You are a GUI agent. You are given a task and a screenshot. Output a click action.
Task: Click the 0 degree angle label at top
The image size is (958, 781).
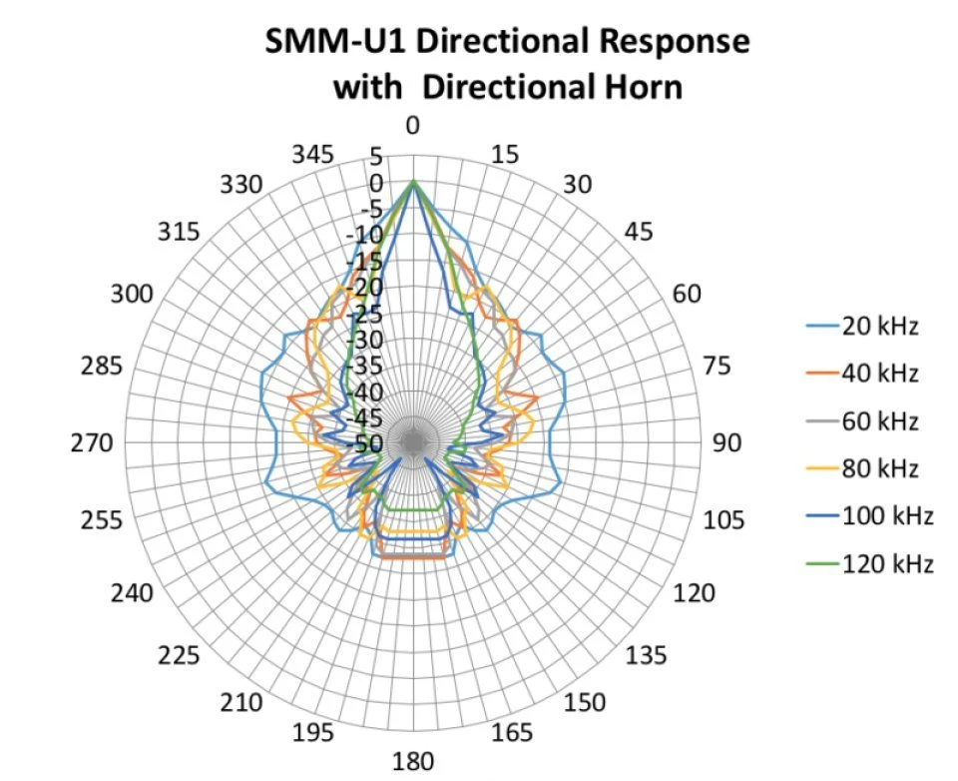(x=412, y=126)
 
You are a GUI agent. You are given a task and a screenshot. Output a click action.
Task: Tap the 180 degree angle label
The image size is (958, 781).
(x=412, y=762)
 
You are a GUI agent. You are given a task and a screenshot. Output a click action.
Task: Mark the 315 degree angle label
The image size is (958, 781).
(x=179, y=232)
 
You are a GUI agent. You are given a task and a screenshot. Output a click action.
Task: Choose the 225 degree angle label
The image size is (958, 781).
(x=179, y=656)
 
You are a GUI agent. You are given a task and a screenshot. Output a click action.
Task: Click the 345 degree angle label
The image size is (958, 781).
(x=313, y=156)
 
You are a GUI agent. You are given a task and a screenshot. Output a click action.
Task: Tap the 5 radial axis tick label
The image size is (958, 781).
(x=375, y=157)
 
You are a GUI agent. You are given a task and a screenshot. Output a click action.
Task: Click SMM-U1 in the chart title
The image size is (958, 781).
(x=324, y=43)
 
